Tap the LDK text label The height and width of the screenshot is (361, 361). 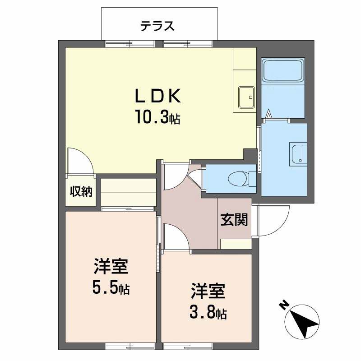coord(157,96)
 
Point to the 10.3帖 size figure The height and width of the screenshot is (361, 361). coord(157,118)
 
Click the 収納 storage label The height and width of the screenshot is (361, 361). coord(81,192)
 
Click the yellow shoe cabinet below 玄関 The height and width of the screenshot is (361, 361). coord(235,244)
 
